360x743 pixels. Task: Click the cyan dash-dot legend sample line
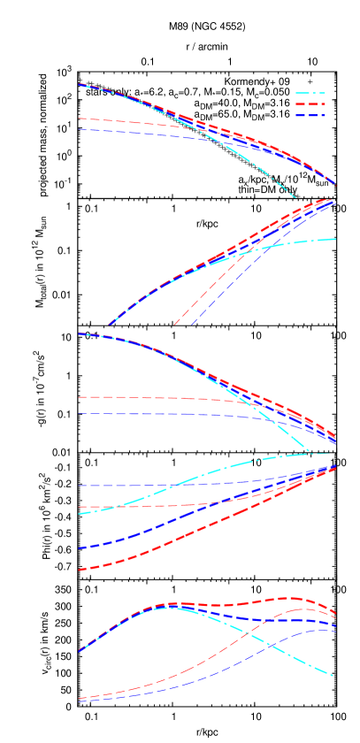(x=310, y=93)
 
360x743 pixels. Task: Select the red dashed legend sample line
(x=310, y=104)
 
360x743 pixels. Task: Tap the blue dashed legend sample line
(x=310, y=116)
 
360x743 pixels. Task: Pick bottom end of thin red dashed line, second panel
(x=175, y=324)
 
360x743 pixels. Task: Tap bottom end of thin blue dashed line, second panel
(x=192, y=324)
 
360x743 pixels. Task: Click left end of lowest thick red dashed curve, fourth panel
(x=80, y=570)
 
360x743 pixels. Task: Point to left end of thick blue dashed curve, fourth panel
(x=80, y=548)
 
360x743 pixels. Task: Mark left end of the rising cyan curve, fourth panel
(x=80, y=513)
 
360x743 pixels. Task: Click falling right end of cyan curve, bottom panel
(x=331, y=675)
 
